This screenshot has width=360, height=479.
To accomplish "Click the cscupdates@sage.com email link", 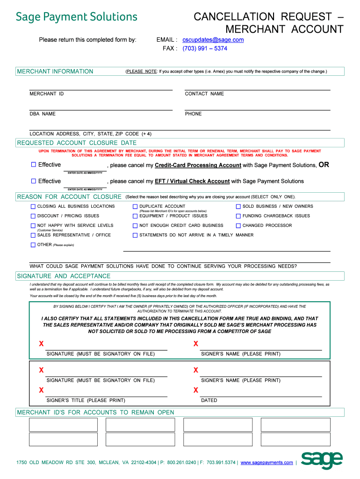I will coord(213,40).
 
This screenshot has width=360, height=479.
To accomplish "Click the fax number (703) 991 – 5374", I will coord(205,48).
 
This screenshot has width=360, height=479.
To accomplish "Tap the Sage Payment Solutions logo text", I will coord(77,17).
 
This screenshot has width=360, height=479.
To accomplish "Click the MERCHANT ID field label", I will coord(47,94).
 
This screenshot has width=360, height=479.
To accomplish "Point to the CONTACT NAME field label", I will coord(204,94).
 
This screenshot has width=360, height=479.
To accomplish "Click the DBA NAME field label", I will coord(43,114).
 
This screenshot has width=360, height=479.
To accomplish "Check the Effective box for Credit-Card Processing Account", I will coord(33,165).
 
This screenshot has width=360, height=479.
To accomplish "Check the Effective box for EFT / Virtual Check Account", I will coord(33,181).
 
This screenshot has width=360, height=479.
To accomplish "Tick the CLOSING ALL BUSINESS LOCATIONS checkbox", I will coord(33,206).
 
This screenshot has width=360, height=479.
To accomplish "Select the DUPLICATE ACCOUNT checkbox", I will coord(135,206).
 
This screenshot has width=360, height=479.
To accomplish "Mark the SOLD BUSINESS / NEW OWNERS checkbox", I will coord(238,206).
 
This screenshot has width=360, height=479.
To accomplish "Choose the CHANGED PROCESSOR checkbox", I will coord(238,225).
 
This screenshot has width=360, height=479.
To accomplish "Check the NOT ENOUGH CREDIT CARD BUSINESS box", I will coord(135,225).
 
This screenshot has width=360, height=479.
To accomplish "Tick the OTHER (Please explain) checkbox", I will coord(33,245).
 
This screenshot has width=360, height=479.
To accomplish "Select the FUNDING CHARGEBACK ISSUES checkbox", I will coord(238,216).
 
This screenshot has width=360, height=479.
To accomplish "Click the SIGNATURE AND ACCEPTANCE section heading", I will coord(64,276).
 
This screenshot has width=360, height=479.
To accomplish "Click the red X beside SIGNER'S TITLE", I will coord(42,390).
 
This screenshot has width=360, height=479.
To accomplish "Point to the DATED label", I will coord(209,400).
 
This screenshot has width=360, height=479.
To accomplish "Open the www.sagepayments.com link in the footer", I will coord(266,463).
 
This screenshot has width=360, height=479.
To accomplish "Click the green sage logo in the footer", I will coord(322,460).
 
